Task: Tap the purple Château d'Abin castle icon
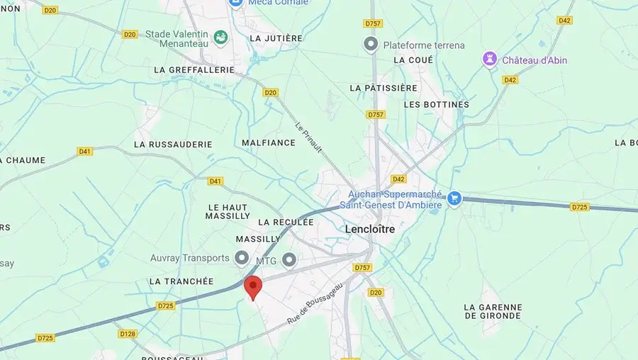click(490, 60)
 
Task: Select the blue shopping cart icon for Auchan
click(454, 198)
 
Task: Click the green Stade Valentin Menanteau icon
click(220, 37)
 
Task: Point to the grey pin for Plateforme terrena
click(371, 45)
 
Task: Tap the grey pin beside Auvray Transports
click(242, 258)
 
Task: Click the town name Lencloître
click(369, 229)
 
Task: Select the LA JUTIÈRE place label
click(276, 38)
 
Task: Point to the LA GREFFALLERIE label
click(194, 70)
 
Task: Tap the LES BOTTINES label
click(436, 104)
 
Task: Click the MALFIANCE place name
click(268, 142)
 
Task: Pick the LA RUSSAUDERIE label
click(173, 144)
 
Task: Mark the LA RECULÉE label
click(286, 222)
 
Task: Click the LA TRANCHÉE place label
click(181, 281)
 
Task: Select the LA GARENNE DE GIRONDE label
click(493, 311)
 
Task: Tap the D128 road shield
click(128, 334)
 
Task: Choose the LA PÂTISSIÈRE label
click(384, 88)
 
